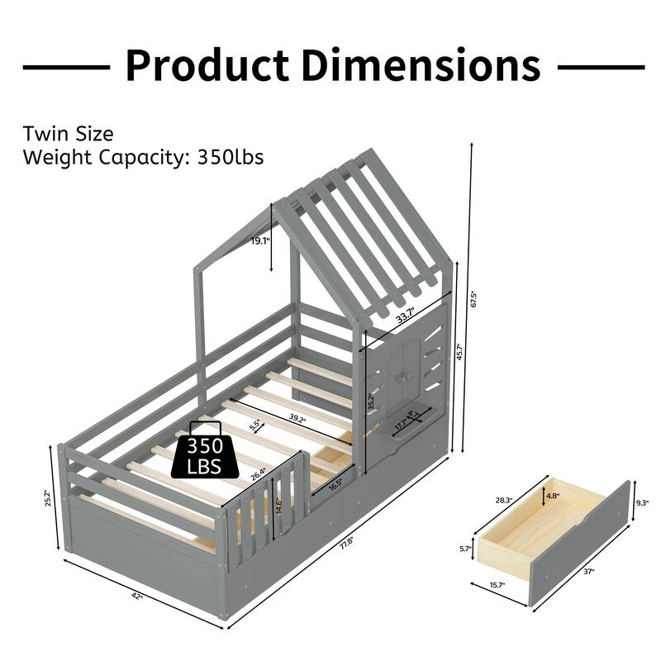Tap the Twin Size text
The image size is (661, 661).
click(x=68, y=134)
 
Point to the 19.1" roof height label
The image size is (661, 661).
click(x=260, y=241)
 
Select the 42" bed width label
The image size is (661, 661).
click(x=137, y=597)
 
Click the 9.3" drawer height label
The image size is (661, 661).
click(x=643, y=502)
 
